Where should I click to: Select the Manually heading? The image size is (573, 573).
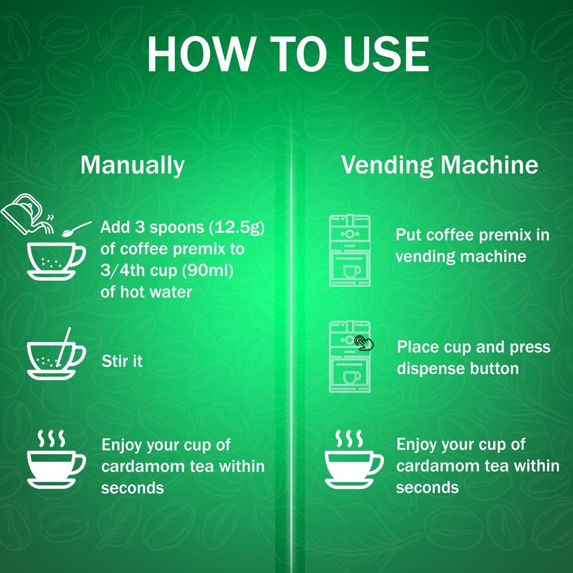coord(132,165)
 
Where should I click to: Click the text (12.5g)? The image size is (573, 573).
coord(236,227)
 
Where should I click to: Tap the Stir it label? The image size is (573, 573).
coord(122,361)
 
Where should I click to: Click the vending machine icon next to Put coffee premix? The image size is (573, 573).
coord(350,250)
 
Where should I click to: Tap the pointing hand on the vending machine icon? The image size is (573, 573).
coord(363,342)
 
